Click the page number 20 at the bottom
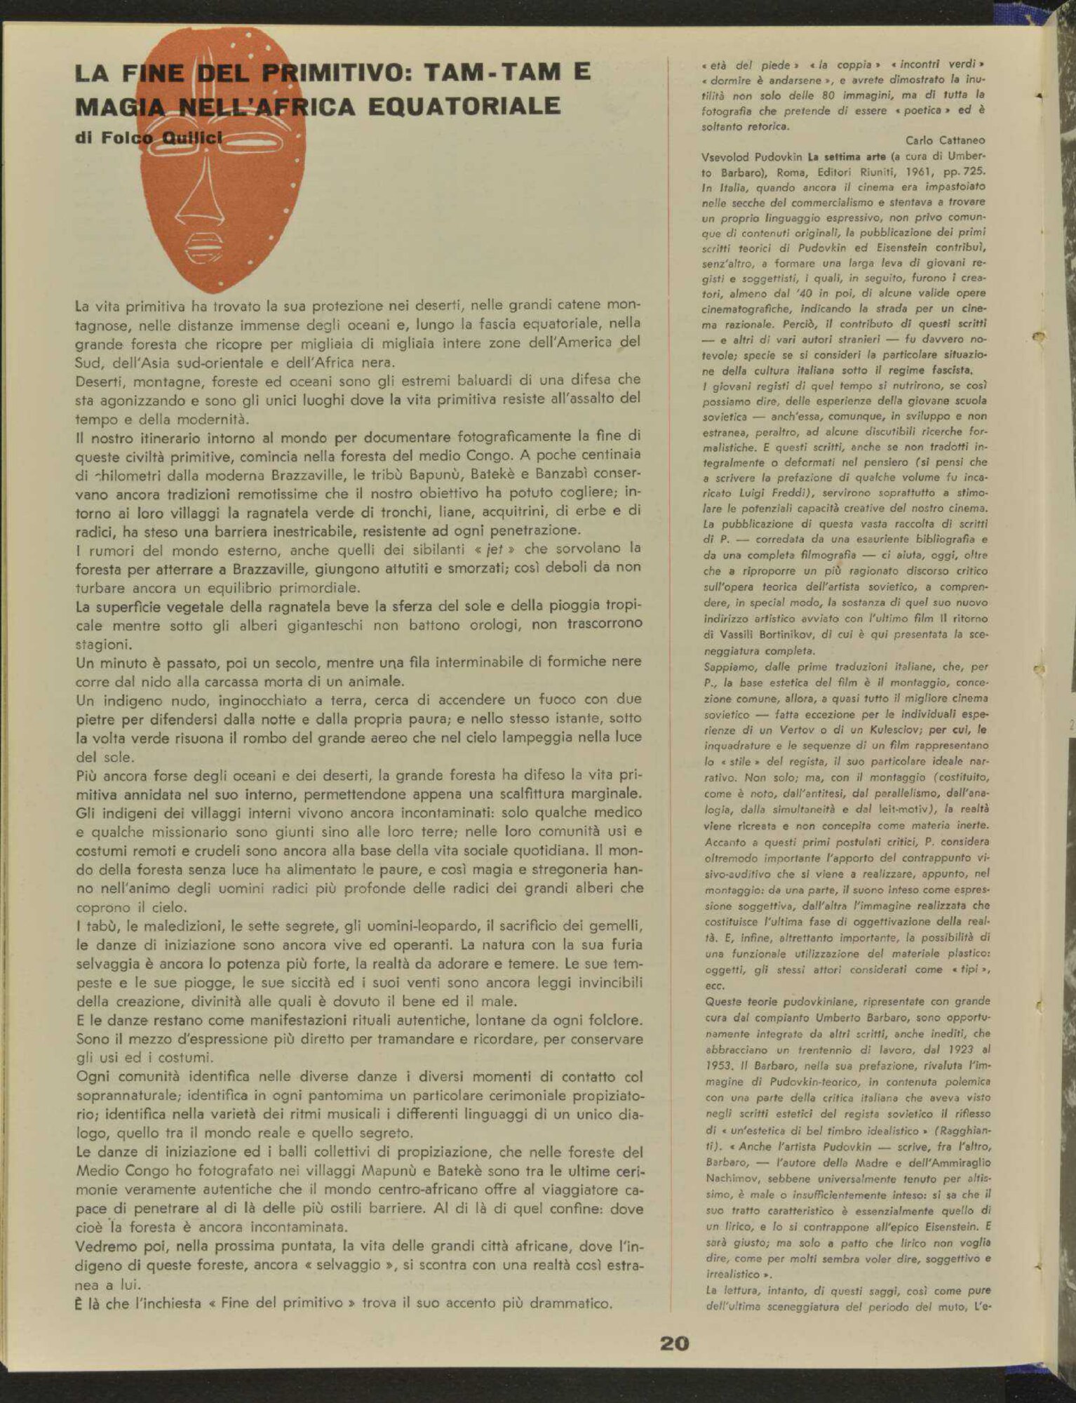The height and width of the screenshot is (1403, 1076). [674, 1343]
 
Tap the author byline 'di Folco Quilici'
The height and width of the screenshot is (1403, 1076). [149, 137]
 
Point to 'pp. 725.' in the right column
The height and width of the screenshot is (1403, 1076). [966, 172]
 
